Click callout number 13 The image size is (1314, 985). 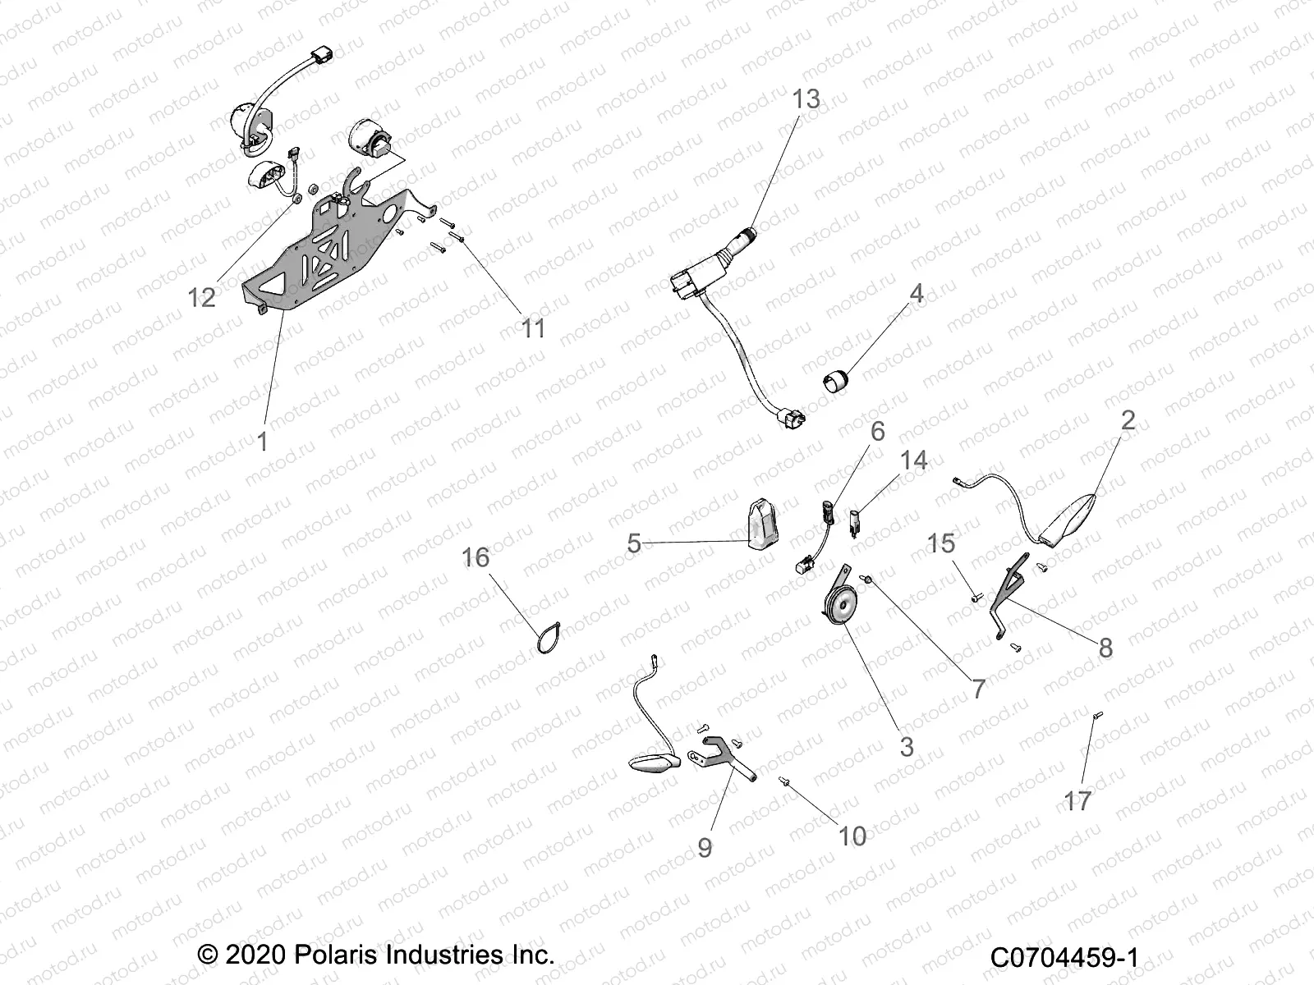point(806,99)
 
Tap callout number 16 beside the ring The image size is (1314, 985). point(476,557)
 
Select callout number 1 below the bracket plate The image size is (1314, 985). point(262,442)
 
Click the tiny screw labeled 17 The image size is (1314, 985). point(1096,717)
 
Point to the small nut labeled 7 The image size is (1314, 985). point(866,580)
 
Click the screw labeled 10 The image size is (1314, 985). point(784,782)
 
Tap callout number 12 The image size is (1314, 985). point(201,297)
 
